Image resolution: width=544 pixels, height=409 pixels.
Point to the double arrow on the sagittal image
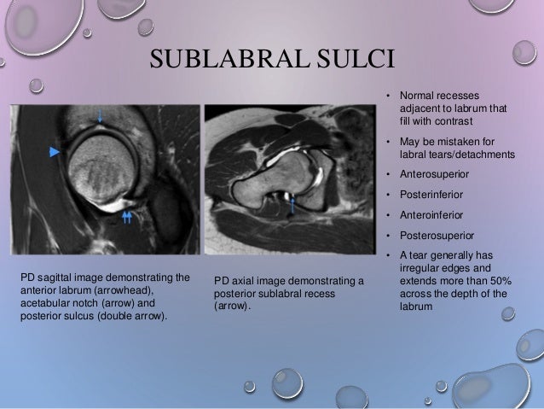[127, 218]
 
